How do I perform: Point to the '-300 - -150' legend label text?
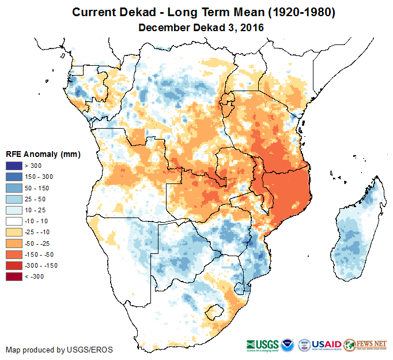pos(43,265)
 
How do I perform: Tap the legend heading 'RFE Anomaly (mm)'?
pos(43,155)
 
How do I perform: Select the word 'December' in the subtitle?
pos(164,27)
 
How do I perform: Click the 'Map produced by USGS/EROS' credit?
pos(59,350)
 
